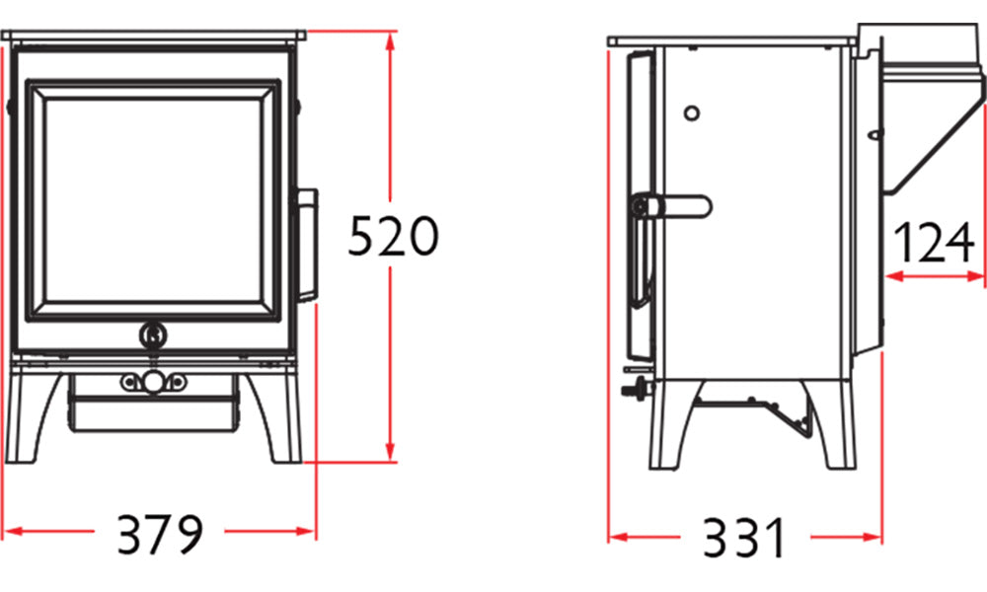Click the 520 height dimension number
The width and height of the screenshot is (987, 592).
[393, 236]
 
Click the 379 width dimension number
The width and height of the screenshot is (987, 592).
[161, 535]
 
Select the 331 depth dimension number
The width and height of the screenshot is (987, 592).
[744, 538]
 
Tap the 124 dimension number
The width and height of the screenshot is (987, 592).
[934, 243]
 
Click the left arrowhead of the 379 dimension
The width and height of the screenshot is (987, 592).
[13, 532]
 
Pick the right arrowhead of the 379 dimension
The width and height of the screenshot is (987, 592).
[306, 532]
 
